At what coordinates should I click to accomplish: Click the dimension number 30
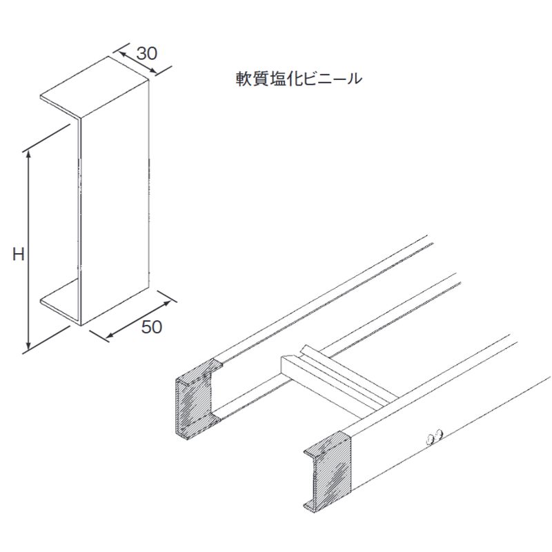click(x=146, y=54)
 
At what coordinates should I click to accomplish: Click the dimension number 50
click(x=152, y=327)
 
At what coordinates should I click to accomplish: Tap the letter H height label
click(x=19, y=254)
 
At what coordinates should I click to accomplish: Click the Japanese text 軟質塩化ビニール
click(x=299, y=78)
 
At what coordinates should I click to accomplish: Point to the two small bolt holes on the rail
click(x=435, y=437)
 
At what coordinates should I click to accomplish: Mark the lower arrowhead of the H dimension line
click(x=28, y=348)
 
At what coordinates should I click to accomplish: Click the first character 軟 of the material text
click(x=244, y=79)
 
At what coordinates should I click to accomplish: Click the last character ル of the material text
click(x=354, y=79)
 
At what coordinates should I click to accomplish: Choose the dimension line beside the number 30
click(x=139, y=63)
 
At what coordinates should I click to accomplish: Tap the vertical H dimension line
click(x=28, y=250)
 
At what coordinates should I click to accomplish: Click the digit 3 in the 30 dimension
click(x=141, y=54)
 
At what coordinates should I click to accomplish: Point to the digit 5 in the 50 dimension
click(x=146, y=327)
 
